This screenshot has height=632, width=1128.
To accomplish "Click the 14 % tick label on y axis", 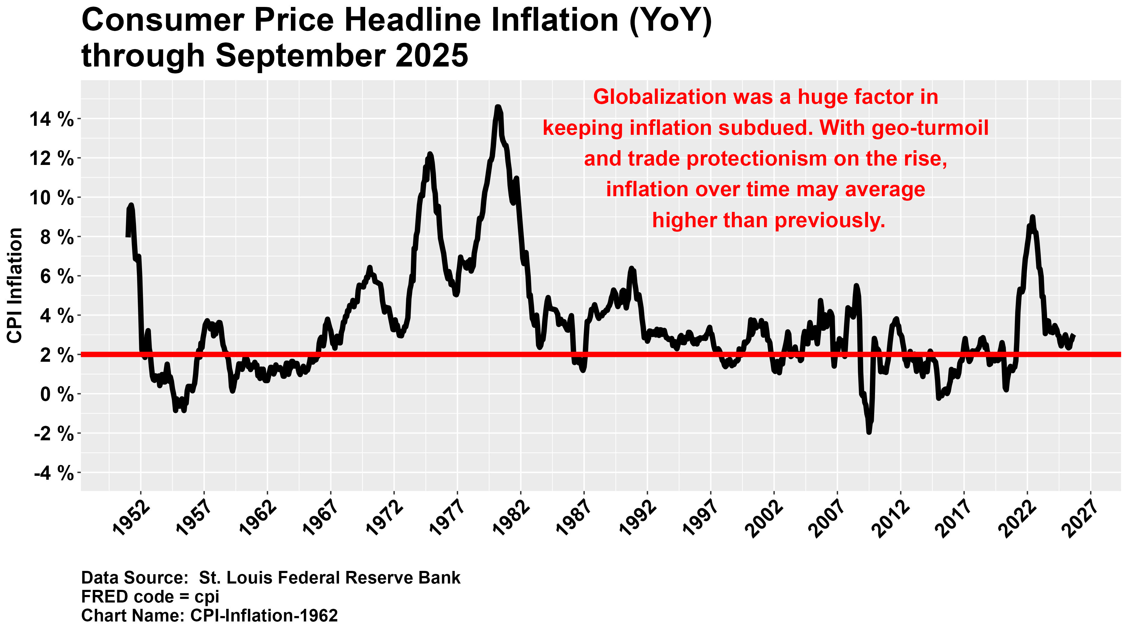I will pyautogui.click(x=51, y=119).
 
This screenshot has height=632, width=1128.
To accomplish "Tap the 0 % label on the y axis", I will pyautogui.click(x=57, y=395).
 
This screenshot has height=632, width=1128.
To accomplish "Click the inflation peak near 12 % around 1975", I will pyautogui.click(x=430, y=154).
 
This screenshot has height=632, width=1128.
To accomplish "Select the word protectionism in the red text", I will pyautogui.click(x=756, y=159).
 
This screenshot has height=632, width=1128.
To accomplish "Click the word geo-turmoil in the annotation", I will pyautogui.click(x=930, y=128).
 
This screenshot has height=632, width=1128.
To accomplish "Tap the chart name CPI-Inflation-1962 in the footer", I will pyautogui.click(x=264, y=615).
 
